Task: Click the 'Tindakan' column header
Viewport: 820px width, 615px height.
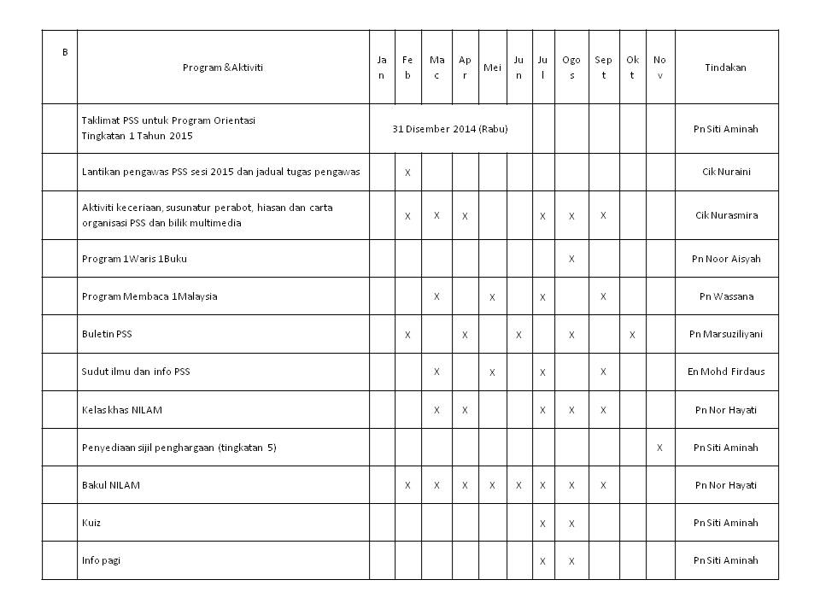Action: pyautogui.click(x=725, y=67)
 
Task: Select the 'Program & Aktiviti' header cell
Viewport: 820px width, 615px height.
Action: pyautogui.click(x=223, y=67)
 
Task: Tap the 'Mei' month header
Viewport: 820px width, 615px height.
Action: pyautogui.click(x=492, y=67)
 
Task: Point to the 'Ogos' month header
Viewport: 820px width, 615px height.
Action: pyautogui.click(x=571, y=67)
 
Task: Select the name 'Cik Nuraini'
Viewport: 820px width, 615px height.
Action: pyautogui.click(x=725, y=172)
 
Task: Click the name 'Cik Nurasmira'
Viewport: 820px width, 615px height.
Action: pyautogui.click(x=725, y=215)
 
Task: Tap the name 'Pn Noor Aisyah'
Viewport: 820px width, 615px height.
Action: pyautogui.click(x=725, y=259)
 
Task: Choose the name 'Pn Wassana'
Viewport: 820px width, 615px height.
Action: pyautogui.click(x=725, y=296)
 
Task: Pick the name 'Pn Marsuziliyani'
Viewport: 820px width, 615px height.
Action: pyautogui.click(x=725, y=334)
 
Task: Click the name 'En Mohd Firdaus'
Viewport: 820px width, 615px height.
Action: pyautogui.click(x=725, y=372)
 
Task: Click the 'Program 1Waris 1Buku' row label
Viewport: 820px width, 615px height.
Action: pyautogui.click(x=130, y=259)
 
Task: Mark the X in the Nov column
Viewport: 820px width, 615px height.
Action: pyautogui.click(x=659, y=448)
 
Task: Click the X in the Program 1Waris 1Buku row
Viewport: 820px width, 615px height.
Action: pyautogui.click(x=571, y=259)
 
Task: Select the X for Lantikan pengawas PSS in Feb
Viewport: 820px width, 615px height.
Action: pyautogui.click(x=407, y=173)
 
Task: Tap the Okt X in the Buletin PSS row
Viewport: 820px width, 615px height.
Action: pyautogui.click(x=632, y=334)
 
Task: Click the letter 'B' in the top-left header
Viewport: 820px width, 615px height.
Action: pyautogui.click(x=64, y=52)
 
